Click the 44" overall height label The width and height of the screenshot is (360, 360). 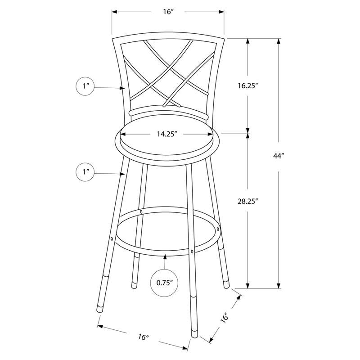[x=279, y=156]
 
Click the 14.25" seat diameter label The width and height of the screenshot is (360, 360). [x=166, y=134]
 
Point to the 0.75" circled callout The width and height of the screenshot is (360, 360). [x=165, y=283]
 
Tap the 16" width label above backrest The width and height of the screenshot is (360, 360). [x=168, y=12]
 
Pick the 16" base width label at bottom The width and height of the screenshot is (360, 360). [x=143, y=337]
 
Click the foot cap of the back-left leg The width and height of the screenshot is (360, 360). [x=134, y=284]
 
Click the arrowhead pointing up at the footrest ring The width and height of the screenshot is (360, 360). [x=165, y=257]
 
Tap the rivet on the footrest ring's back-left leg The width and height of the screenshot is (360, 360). [x=141, y=211]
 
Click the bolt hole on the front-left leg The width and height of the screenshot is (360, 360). [x=112, y=238]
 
